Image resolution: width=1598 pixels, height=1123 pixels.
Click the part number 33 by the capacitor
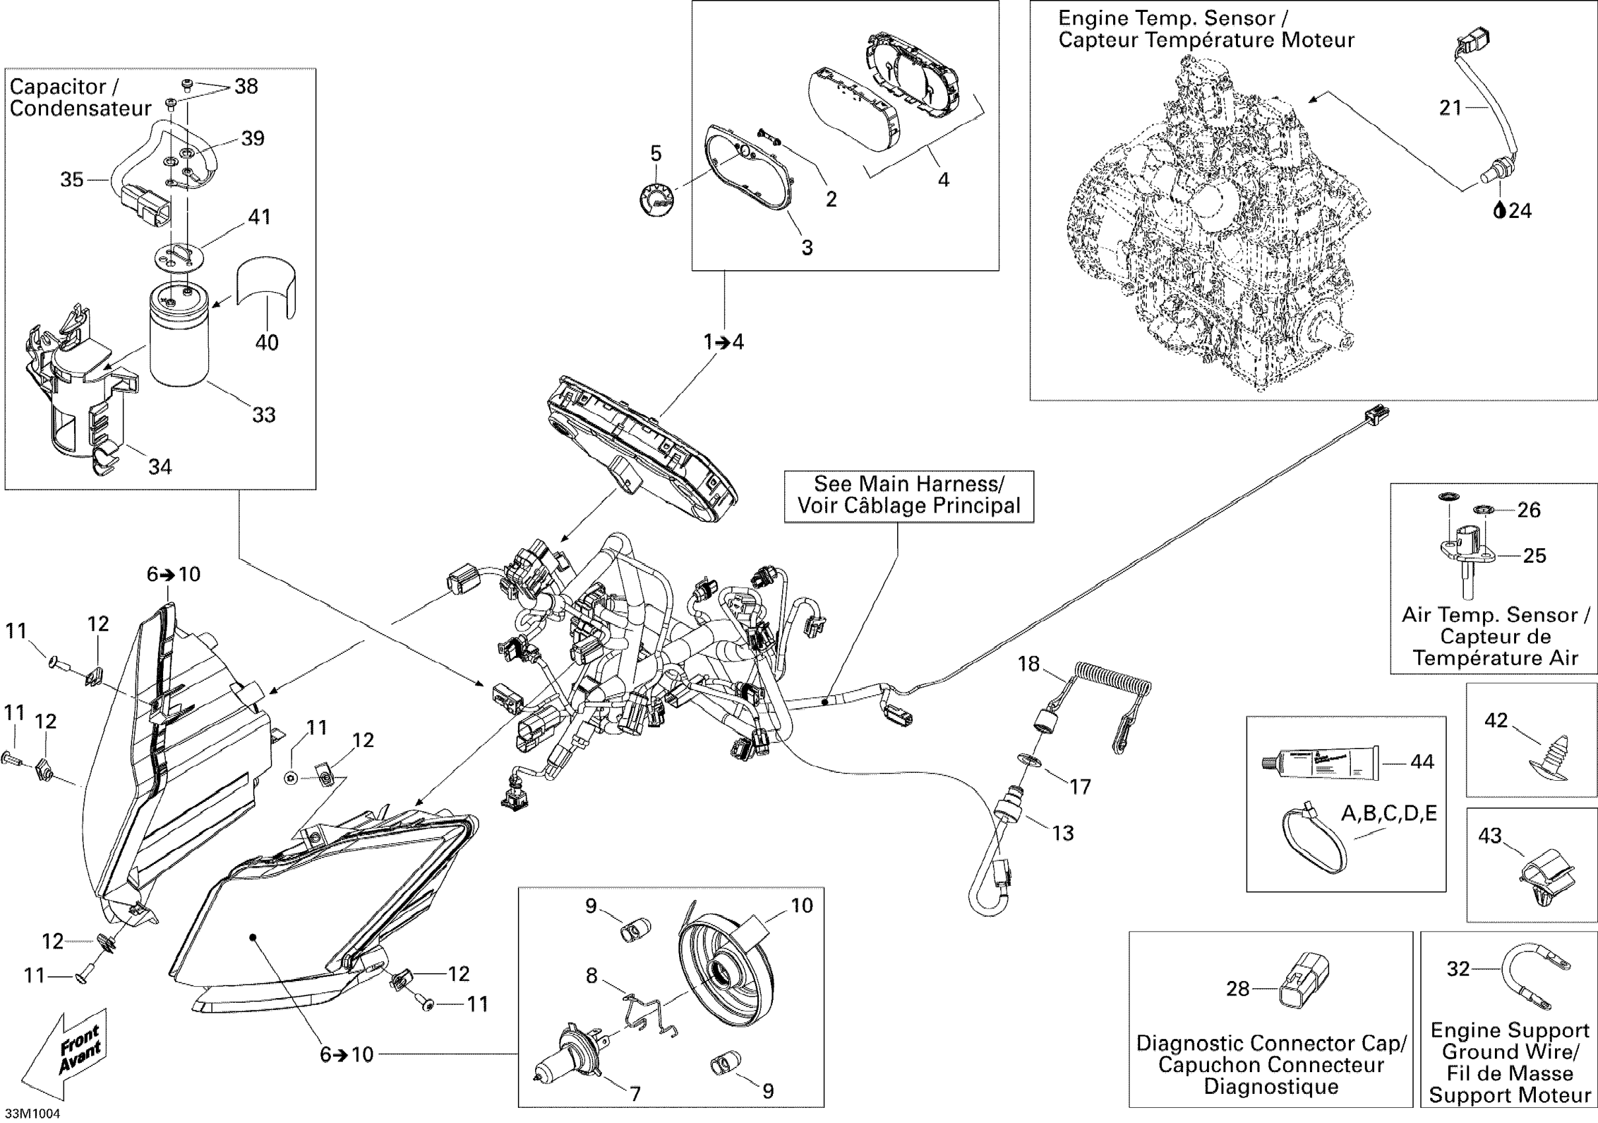click(264, 415)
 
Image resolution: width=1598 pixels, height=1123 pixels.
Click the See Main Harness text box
click(909, 496)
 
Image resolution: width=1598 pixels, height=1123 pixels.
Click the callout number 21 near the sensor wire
click(1451, 108)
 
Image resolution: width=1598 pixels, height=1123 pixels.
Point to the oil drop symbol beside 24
click(1500, 209)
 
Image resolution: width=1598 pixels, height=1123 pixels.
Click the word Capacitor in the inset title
click(57, 87)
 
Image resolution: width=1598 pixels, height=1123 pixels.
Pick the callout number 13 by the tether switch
click(1063, 833)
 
